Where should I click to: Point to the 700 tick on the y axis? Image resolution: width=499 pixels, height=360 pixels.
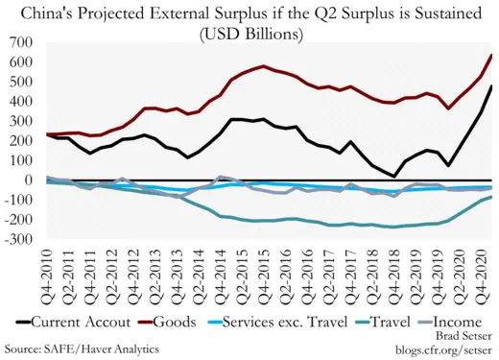tap(21, 42)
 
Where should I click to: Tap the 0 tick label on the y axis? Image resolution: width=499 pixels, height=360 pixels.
tap(30, 180)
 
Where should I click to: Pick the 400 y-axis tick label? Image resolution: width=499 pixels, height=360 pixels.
tap(21, 101)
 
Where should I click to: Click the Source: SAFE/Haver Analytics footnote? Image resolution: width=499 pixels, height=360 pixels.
tap(82, 348)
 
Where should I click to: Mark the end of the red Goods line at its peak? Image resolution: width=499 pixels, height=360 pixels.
tap(491, 55)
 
